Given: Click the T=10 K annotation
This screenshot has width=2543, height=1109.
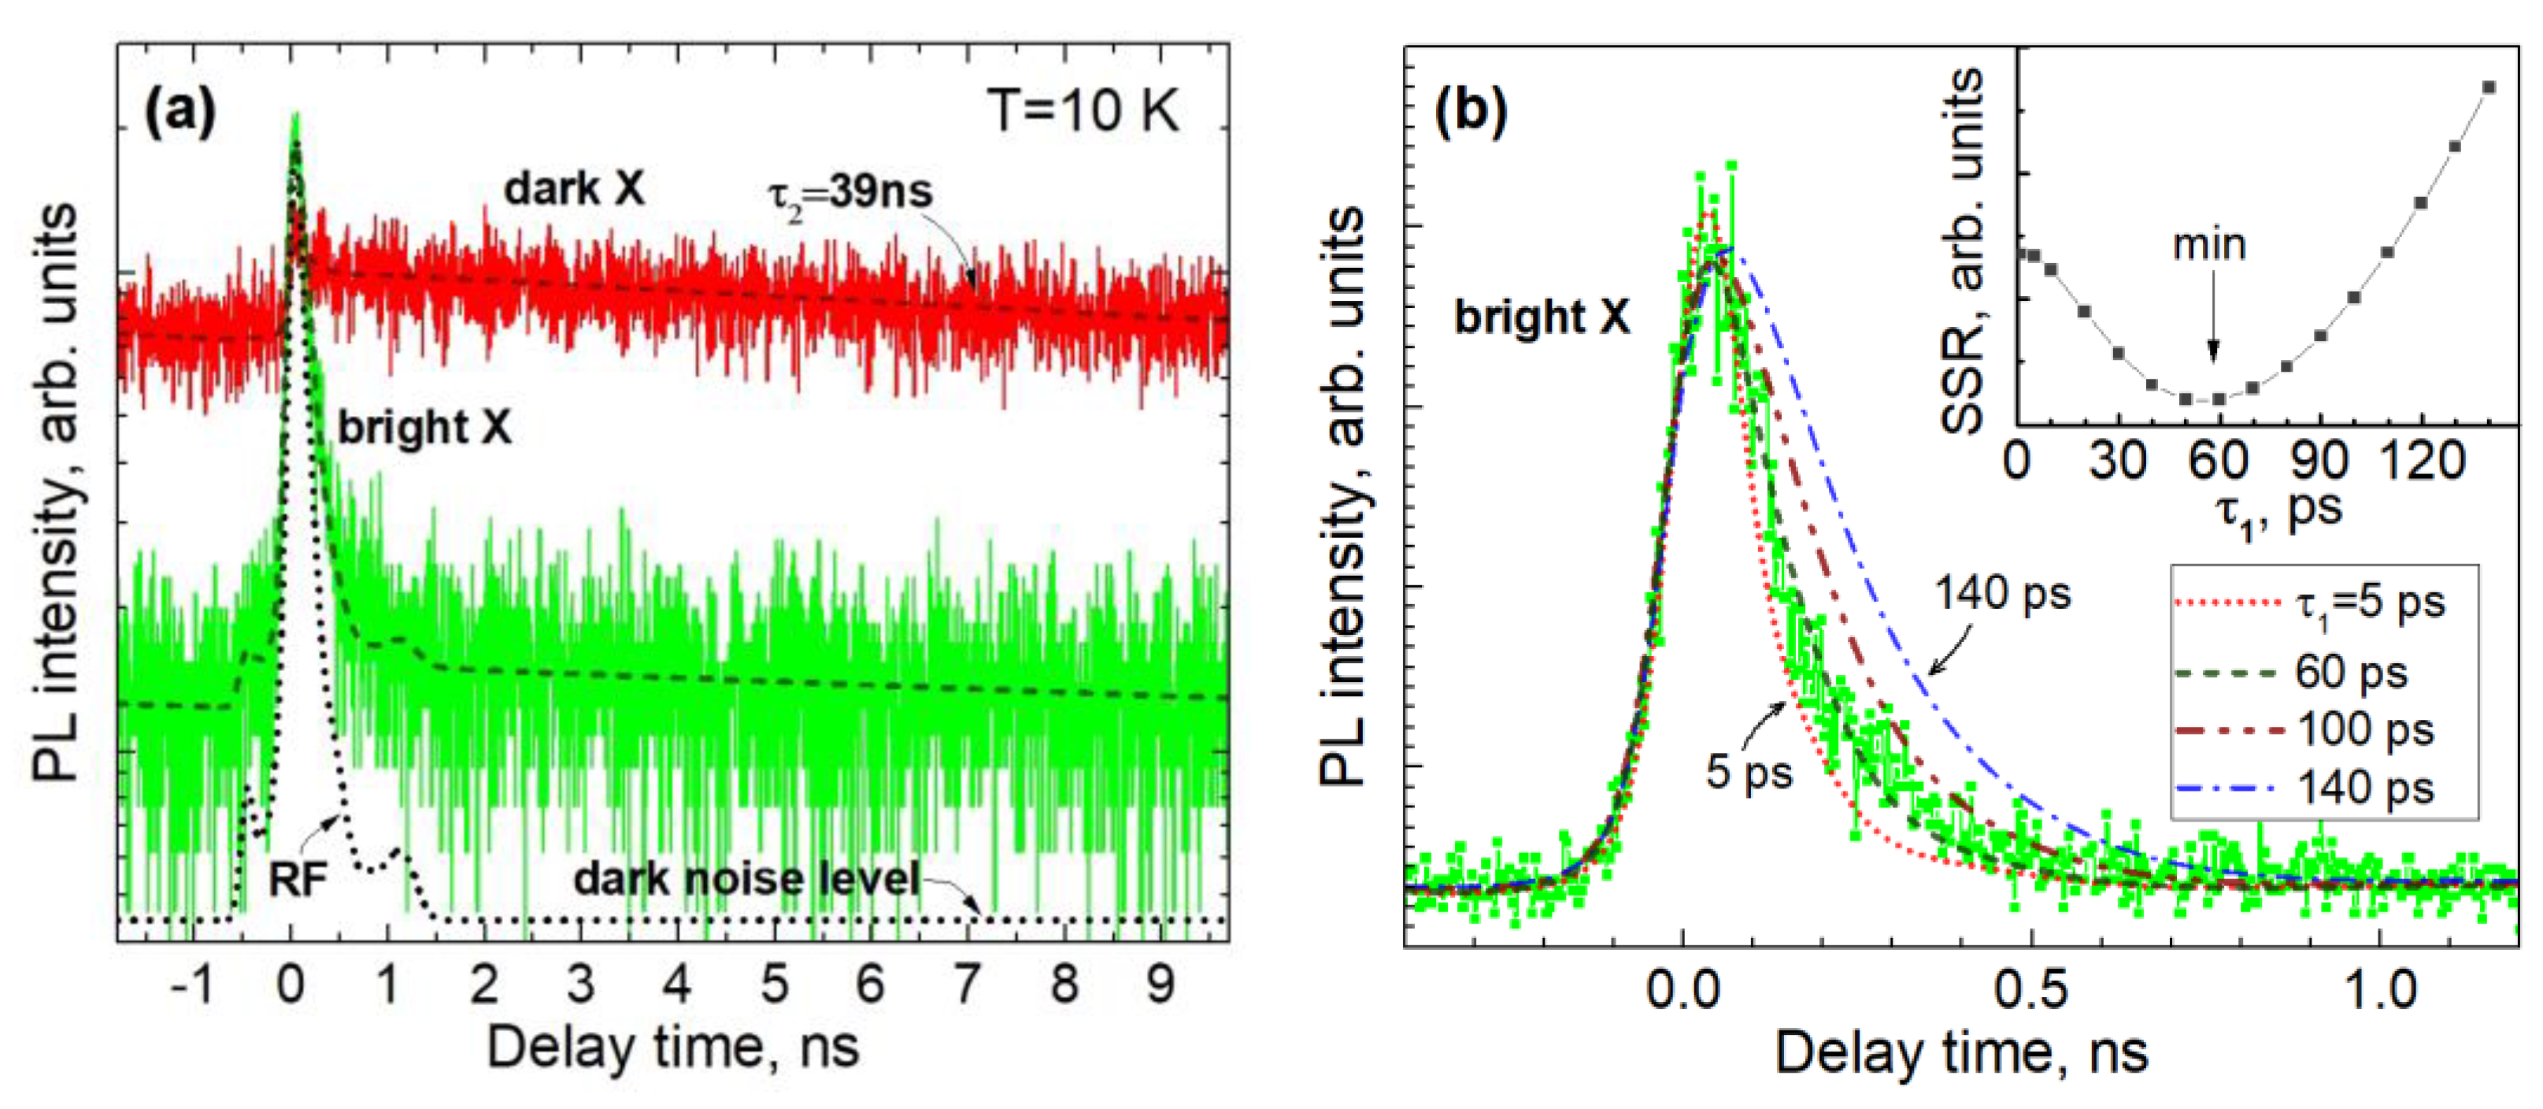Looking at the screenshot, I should click(x=1083, y=110).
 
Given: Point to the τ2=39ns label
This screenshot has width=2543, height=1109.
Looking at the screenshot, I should click(x=850, y=192).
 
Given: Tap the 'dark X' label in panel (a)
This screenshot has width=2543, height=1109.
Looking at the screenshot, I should click(x=574, y=187).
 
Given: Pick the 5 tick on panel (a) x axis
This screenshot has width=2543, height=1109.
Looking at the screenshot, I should click(x=774, y=984).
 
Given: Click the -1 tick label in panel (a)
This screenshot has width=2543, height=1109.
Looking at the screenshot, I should click(x=193, y=984).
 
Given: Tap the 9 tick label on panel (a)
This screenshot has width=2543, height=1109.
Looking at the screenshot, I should click(x=1160, y=984).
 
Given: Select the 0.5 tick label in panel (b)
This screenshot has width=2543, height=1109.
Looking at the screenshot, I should click(x=2030, y=988).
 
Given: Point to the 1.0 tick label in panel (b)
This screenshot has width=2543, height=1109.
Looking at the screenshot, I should click(x=2380, y=988).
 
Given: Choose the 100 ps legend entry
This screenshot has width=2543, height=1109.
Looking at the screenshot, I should click(x=2365, y=730).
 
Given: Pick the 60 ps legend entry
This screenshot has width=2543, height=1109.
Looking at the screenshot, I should click(x=2352, y=673).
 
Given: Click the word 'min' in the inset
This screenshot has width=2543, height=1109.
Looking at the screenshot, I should click(x=2209, y=244).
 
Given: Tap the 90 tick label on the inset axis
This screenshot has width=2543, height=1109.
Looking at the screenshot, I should click(x=2317, y=460).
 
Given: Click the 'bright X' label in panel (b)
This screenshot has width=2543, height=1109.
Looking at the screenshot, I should click(x=1542, y=317).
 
